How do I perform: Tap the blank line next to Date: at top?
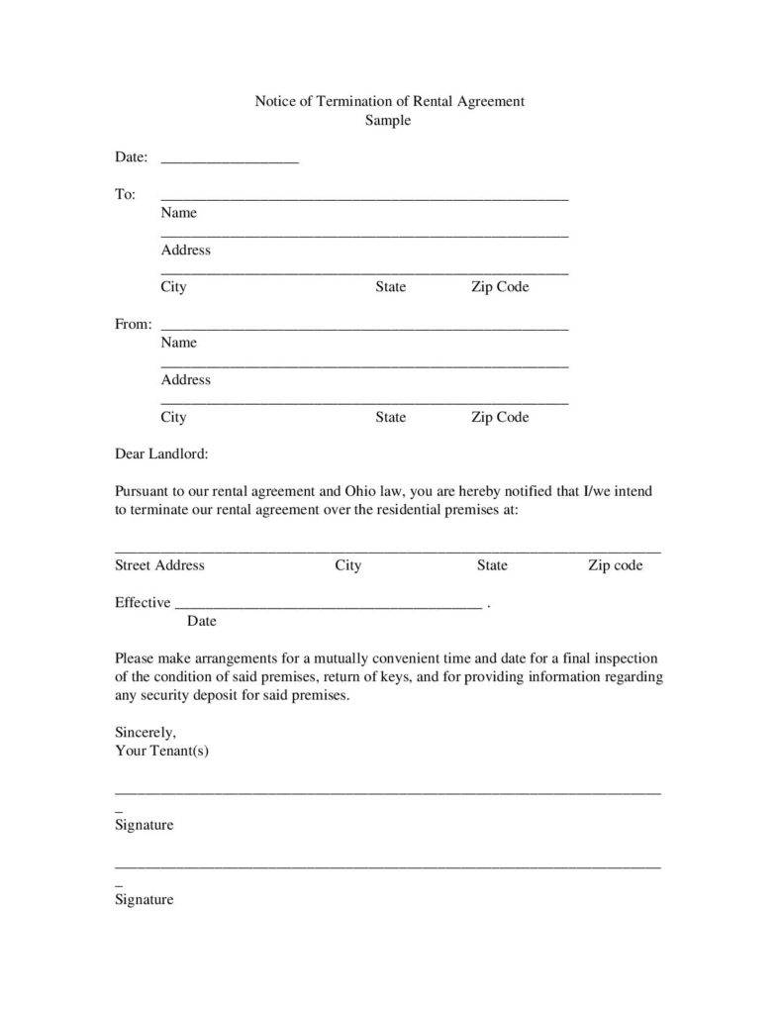pos(229,158)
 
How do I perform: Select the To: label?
pos(126,194)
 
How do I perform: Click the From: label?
pos(134,324)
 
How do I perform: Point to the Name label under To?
pos(179,213)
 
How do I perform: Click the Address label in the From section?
pos(186,380)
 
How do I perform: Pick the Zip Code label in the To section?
pos(500,287)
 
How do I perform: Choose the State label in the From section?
pos(390,417)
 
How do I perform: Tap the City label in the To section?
pos(173,287)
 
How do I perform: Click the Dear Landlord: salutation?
pos(161,454)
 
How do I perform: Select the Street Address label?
pos(159,565)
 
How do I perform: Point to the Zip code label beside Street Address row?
pos(615,565)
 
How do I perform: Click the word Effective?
pos(143,603)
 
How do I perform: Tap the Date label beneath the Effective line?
pos(201,622)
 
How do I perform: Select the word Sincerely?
pos(146,733)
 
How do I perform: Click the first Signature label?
pos(144,825)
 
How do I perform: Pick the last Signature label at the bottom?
pos(144,900)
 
